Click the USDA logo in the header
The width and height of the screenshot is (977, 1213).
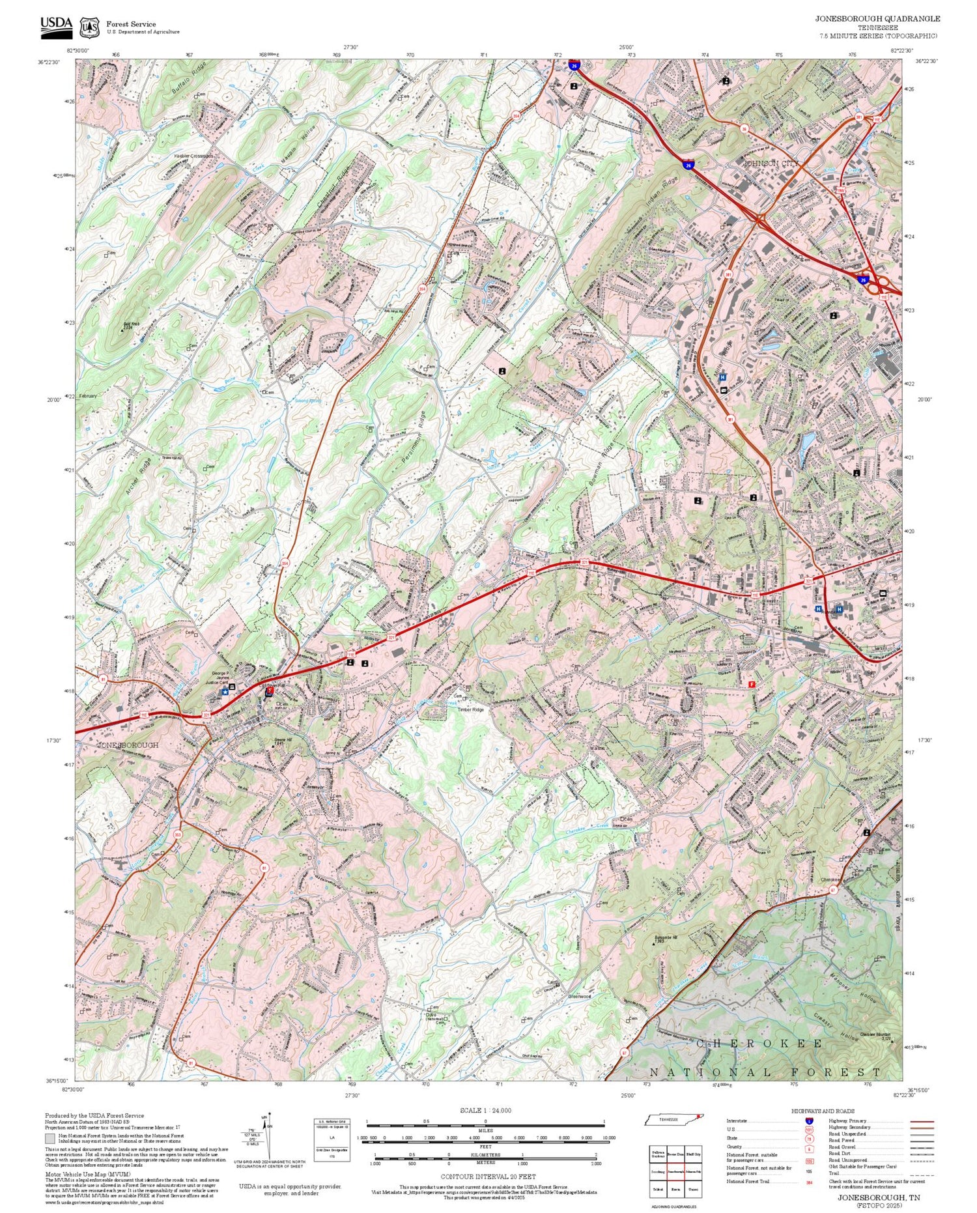coord(56,26)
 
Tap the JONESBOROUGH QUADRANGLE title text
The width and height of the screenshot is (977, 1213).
coord(877,19)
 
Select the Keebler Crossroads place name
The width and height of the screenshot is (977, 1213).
coord(194,156)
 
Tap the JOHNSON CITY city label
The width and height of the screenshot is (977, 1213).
coord(771,163)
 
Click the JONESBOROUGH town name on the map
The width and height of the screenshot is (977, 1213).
coord(128,745)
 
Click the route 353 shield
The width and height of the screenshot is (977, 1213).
coord(177,835)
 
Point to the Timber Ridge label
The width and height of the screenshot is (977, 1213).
coord(470,709)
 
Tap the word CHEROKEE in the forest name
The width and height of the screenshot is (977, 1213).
coord(759,1044)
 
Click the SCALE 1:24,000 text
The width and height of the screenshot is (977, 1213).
coord(485,1110)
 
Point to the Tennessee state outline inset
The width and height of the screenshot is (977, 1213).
coord(675,1119)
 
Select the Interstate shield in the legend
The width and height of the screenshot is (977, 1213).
coord(809,1120)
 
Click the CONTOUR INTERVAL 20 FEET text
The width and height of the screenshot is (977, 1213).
coord(488,1177)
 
